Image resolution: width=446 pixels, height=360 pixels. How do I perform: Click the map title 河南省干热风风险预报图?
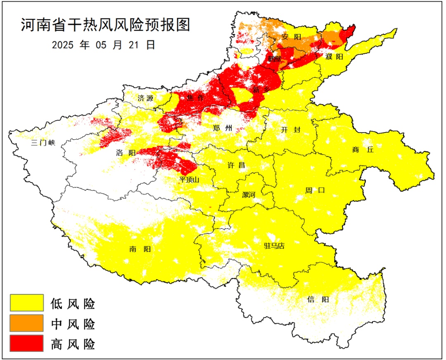(105, 25)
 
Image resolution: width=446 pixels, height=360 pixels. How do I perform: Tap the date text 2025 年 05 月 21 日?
(104, 45)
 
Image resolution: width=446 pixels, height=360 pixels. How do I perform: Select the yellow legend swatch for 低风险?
(27, 303)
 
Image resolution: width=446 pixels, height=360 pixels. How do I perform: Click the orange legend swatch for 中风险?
(27, 323)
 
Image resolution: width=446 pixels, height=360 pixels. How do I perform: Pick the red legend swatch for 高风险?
(27, 343)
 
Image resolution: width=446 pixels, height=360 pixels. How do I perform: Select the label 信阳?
(318, 299)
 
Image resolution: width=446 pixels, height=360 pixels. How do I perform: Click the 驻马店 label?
(274, 246)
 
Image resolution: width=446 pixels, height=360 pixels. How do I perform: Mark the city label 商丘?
(363, 150)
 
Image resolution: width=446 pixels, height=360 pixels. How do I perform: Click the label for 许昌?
(236, 165)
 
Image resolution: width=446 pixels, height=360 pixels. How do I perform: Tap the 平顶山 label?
(190, 180)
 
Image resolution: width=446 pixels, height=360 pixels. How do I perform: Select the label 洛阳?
(126, 153)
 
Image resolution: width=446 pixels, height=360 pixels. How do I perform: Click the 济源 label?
(145, 98)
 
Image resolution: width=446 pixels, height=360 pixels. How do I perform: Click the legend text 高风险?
(73, 344)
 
